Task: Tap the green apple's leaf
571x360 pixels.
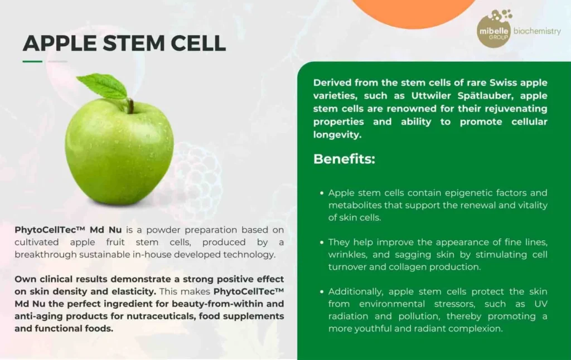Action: (103, 86)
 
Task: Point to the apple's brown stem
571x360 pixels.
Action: (130, 106)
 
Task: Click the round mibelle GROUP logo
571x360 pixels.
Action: (494, 31)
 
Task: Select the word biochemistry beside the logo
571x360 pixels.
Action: (537, 31)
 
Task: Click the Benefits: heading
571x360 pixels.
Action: (344, 159)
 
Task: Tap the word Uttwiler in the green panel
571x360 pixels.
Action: (430, 96)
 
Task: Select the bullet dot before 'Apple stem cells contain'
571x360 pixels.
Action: (322, 193)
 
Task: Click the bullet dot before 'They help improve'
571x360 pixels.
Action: (322, 242)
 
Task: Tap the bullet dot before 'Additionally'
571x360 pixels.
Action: (322, 291)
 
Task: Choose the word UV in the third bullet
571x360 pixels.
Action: (540, 304)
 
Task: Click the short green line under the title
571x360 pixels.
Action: (32, 61)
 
